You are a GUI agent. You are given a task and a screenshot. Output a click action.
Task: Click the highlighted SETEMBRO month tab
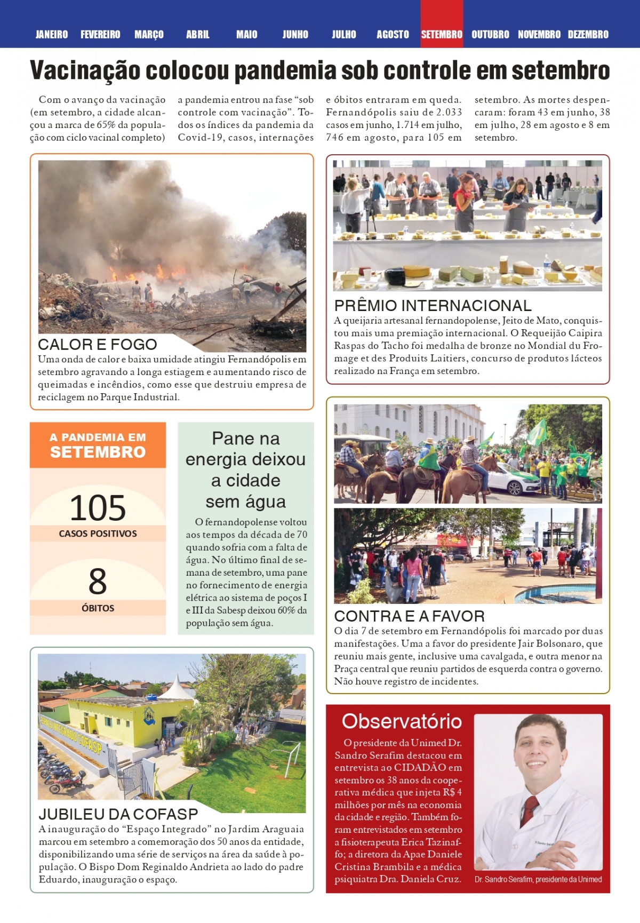[442, 35]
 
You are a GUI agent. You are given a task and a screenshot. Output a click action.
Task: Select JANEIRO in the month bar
[52, 35]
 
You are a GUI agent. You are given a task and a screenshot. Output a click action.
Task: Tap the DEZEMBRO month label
[588, 35]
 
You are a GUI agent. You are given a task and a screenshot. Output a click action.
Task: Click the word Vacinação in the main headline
[85, 71]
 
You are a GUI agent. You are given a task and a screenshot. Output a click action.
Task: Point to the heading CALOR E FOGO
[98, 344]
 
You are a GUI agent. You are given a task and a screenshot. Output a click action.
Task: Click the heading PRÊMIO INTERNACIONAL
[433, 306]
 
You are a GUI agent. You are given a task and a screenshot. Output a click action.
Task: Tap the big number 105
[98, 508]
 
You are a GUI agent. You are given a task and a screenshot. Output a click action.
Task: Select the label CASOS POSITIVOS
[98, 534]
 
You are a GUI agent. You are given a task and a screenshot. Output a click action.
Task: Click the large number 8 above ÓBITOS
[98, 582]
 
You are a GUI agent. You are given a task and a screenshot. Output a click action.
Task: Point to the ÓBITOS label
[98, 608]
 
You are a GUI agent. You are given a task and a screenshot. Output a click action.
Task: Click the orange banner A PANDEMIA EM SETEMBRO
[98, 445]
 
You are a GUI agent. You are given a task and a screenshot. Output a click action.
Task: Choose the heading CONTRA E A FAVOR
[409, 616]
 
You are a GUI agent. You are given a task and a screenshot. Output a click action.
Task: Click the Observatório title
[402, 721]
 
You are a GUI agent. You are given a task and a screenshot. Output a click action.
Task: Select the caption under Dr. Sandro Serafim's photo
[538, 879]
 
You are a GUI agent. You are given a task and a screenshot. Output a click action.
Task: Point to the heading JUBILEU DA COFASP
[118, 814]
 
